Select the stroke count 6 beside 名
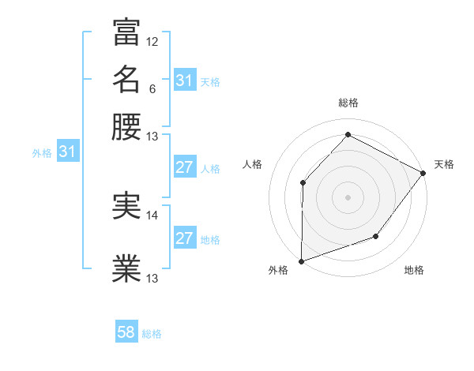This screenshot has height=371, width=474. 152,88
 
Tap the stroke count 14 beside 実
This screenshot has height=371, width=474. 152,215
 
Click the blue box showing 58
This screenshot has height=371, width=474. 126,332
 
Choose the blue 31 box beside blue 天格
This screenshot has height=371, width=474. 185,81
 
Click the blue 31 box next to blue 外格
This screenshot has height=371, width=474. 67,152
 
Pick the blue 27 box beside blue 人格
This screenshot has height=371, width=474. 185,167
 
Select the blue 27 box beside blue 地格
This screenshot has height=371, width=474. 185,238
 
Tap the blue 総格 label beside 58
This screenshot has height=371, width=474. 152,334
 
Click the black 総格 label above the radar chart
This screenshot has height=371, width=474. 348,103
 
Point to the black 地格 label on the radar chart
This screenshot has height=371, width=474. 414,271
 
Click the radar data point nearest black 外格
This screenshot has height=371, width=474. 301,260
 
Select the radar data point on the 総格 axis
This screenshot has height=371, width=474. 348,135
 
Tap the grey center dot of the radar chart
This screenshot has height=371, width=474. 348,197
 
